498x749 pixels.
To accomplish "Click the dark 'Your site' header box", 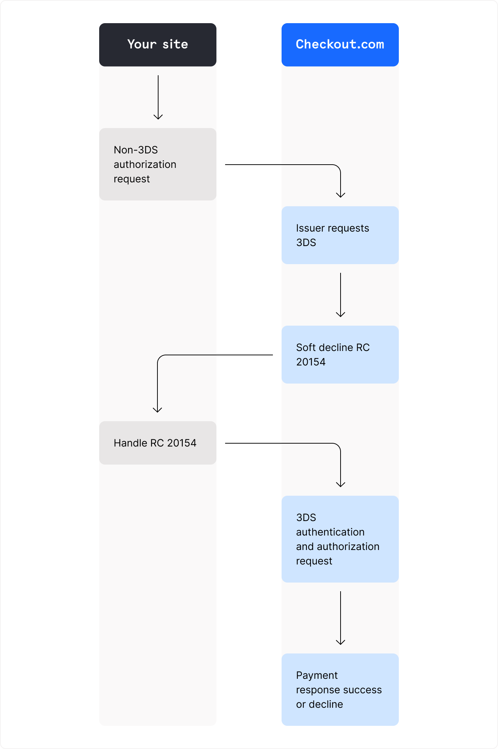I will [158, 45].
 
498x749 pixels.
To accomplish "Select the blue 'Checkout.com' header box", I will [340, 45].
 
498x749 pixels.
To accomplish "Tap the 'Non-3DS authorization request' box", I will [158, 164].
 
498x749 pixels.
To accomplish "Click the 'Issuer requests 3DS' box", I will [340, 235].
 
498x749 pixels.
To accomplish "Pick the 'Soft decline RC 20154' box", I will [340, 355].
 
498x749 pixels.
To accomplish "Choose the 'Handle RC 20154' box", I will [158, 443].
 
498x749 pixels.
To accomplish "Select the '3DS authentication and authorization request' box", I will [340, 539].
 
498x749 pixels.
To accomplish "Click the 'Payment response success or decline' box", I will [340, 690].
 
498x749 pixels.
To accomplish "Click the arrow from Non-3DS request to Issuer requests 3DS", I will [290, 165].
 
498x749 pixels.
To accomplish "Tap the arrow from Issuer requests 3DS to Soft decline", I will [341, 295].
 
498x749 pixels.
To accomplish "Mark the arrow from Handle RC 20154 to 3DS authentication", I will [290, 443].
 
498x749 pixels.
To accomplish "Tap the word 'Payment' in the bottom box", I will [317, 675].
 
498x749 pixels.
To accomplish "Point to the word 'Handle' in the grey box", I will [130, 443].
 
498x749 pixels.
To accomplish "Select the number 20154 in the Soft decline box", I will [311, 362].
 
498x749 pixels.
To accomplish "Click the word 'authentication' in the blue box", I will [330, 532].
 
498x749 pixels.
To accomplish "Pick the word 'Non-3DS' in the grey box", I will [136, 150].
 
